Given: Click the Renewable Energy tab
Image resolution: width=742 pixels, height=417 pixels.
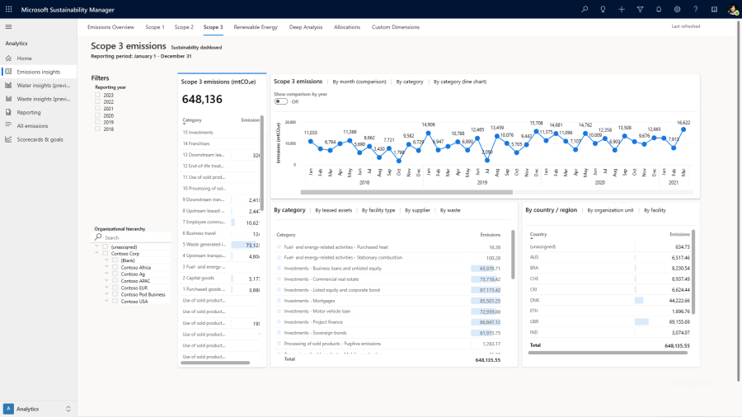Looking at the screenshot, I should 256,27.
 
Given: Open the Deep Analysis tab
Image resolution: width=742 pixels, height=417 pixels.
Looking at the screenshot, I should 306,27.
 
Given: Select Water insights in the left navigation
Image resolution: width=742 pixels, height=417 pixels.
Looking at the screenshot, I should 43,85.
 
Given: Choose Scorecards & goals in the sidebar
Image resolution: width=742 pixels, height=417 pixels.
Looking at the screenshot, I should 40,139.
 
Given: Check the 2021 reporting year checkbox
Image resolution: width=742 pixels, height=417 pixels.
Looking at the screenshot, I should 98,109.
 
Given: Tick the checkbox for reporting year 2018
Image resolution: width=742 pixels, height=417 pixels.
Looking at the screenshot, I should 98,129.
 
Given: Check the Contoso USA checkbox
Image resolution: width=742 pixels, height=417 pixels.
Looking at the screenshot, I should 115,301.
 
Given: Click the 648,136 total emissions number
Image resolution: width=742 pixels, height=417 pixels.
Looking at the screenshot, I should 202,100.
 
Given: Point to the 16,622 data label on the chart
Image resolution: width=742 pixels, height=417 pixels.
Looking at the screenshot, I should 683,123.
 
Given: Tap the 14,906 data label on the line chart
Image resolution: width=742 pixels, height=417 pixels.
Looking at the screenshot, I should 428,124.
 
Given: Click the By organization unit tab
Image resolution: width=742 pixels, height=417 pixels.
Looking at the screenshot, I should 610,210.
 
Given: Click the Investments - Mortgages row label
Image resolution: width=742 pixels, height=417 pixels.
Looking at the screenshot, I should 308,301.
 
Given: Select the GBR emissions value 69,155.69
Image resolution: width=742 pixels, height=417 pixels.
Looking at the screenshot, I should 676,321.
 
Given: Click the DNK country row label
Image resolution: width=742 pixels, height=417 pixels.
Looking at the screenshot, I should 535,300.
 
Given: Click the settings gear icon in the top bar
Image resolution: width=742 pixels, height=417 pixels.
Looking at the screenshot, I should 677,9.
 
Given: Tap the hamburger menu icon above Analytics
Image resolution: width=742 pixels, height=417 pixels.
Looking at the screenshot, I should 8,27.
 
